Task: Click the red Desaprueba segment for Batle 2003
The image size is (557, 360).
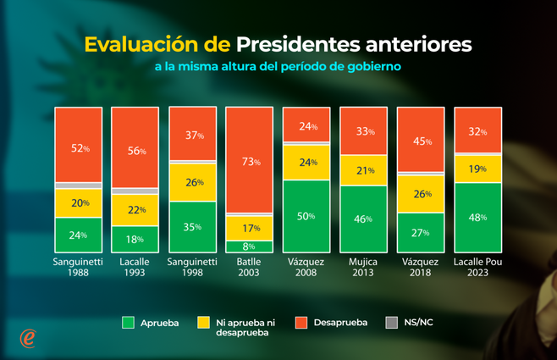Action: point(249,160)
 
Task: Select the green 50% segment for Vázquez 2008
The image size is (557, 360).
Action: point(306,216)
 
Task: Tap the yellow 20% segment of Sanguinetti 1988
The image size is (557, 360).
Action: point(78,203)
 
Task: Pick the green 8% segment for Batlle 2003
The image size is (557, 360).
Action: point(249,246)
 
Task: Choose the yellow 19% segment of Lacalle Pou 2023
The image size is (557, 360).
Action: point(477,169)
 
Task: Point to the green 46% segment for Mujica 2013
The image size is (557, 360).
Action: point(362,219)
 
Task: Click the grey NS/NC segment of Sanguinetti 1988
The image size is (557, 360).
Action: point(78,185)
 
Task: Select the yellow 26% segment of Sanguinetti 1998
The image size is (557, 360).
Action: point(192,182)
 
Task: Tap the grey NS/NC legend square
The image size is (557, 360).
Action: point(391,322)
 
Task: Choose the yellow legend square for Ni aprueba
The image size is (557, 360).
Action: point(202,322)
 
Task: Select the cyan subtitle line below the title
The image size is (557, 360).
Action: point(278,65)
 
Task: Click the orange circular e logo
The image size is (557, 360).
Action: point(28,337)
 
